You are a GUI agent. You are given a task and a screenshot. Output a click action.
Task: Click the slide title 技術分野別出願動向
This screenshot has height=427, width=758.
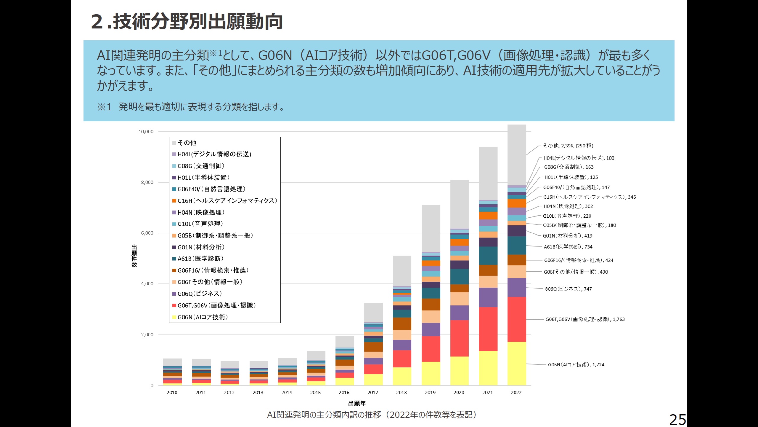pos(187,21)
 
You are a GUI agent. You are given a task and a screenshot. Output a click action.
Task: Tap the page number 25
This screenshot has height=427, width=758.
pos(677,420)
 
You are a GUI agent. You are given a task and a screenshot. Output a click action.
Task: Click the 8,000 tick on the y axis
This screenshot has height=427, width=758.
pos(147,182)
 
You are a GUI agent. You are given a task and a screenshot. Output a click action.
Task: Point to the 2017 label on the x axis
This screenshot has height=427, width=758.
pos(373,392)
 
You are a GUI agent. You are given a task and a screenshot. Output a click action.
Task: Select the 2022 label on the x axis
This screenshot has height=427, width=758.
pos(516,392)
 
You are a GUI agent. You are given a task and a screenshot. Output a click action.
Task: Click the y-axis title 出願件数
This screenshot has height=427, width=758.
pos(134,256)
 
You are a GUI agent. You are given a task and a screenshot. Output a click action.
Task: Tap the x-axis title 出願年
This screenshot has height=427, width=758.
pos(357,403)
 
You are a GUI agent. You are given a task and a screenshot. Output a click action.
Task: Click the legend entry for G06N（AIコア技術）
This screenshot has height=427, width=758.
pos(203,317)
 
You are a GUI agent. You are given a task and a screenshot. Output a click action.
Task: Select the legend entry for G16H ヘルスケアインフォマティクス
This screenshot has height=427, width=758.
pos(227,201)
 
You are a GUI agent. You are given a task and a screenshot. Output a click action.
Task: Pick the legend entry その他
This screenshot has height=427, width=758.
pos(187,143)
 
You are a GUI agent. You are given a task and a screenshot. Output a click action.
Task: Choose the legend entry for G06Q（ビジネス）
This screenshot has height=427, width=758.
pos(200,294)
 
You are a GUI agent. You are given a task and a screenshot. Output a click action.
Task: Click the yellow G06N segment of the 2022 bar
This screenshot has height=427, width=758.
pos(517,363)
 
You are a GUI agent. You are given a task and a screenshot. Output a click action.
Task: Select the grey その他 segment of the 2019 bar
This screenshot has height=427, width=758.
pos(431,228)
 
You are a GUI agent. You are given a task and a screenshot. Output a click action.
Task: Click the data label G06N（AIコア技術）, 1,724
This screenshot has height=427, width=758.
pos(576,365)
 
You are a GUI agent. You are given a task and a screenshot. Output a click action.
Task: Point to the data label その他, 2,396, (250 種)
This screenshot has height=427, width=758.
pos(568,146)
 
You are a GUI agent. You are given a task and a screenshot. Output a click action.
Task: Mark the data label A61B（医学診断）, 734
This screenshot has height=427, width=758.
pos(568,247)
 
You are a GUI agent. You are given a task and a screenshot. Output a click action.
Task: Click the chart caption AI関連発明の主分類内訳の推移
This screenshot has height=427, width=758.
pos(372,415)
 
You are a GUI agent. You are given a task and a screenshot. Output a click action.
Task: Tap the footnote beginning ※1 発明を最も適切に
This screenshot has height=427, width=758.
pos(191,107)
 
